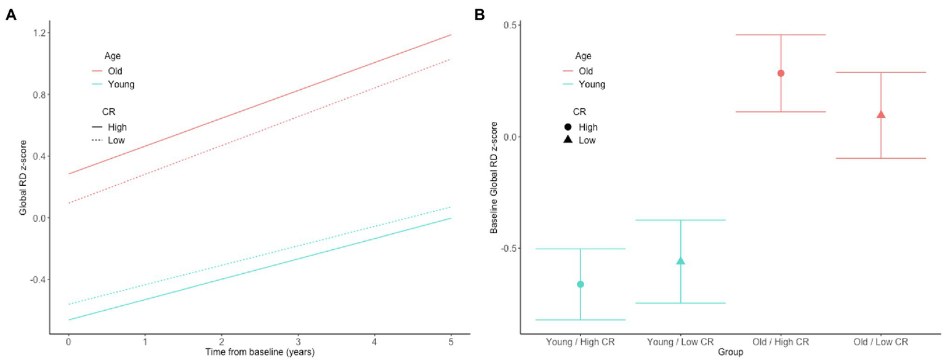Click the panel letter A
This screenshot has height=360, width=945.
[x=10, y=15]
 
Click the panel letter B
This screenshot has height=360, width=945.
[x=480, y=15]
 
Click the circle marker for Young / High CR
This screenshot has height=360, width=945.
[x=580, y=284]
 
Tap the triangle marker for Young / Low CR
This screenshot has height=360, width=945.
[x=680, y=261]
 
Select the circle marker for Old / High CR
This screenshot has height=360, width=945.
[x=781, y=73]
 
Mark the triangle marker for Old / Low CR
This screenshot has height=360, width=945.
[x=881, y=114]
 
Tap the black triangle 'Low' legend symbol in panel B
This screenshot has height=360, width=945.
[x=568, y=140]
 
